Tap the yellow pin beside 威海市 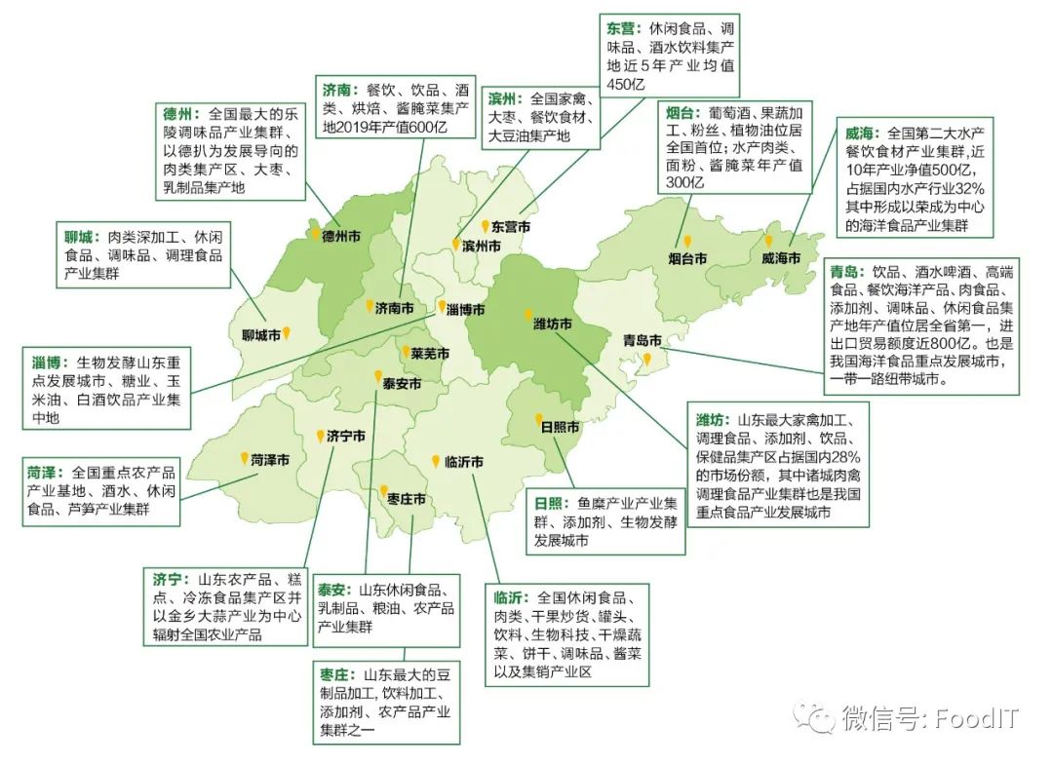[768, 242]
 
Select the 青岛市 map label [643, 340]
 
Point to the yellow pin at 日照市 [538, 420]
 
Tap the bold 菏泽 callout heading [44, 474]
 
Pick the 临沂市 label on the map [463, 462]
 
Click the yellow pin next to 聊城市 [287, 333]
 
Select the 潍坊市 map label [552, 323]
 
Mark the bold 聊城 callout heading [77, 238]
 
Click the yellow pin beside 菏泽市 [244, 457]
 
